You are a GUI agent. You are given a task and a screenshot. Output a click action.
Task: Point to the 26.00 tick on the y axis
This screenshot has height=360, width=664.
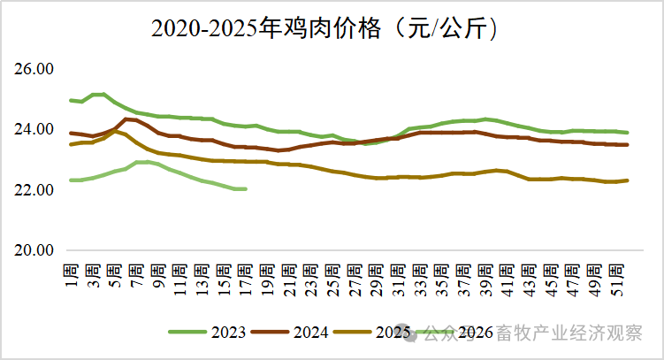34,69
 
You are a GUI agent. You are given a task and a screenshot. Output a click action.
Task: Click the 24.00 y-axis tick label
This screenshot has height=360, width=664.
34,129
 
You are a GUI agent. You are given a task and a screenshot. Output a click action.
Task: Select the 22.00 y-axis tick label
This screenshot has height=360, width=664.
34,189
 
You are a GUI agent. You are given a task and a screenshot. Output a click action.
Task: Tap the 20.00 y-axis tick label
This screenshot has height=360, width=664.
34,249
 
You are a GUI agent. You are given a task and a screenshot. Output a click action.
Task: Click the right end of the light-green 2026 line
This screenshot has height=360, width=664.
245,188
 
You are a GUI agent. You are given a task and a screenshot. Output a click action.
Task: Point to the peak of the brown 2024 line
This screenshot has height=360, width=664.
128,119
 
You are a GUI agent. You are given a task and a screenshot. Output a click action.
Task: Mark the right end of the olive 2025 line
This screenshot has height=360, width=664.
628,180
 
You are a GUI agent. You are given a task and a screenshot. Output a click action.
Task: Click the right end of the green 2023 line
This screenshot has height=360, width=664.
628,133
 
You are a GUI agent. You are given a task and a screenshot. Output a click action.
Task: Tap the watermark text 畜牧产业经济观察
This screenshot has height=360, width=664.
580,333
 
